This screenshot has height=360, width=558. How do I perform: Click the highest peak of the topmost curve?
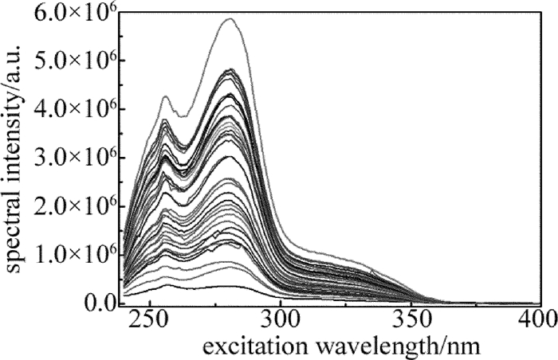click(x=229, y=19)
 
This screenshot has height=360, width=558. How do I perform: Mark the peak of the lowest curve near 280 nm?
click(x=225, y=286)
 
